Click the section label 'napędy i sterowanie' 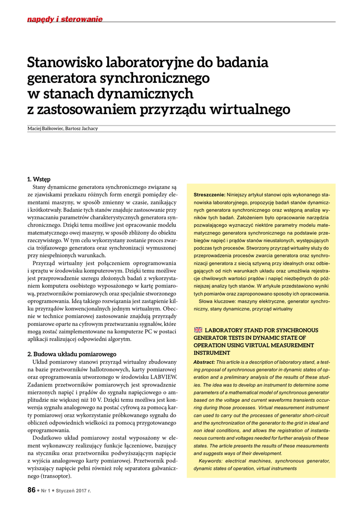[65, 19]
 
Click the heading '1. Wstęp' [39, 179]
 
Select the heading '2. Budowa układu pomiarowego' [72, 354]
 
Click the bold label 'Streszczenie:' [210, 194]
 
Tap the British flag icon [198, 329]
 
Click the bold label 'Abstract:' [204, 362]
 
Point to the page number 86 [31, 490]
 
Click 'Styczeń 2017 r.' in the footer [76, 491]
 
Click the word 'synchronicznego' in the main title [156, 78]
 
